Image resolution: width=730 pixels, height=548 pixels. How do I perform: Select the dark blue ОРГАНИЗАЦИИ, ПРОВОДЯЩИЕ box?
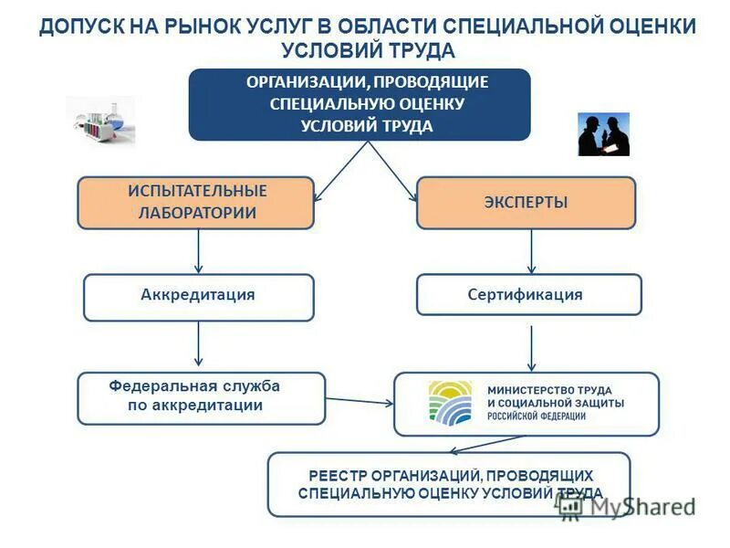pos(360,104)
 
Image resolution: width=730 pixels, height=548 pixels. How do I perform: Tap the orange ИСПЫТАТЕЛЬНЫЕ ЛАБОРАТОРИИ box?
pos(196,202)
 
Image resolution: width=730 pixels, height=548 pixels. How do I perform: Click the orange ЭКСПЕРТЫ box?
pos(526,202)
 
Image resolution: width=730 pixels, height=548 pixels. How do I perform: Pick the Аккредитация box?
pos(199,297)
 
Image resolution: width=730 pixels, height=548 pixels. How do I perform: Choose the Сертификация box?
pos(529,295)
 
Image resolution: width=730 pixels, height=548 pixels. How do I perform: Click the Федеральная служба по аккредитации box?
pos(201,398)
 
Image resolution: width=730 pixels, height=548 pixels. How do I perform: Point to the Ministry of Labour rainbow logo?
pos(450,404)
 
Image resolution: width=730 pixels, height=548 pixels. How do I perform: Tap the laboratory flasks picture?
pos(99,121)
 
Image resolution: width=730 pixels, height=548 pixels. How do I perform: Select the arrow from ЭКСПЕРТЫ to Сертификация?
pos(532,251)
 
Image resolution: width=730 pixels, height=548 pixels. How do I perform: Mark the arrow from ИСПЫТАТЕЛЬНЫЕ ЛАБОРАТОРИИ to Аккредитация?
pos(199,251)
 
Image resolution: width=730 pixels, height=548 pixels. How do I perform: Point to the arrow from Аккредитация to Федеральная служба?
pos(199,346)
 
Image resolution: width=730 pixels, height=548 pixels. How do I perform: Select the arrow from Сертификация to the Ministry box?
pos(532,348)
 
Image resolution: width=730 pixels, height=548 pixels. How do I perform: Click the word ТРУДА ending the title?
pos(418,50)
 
